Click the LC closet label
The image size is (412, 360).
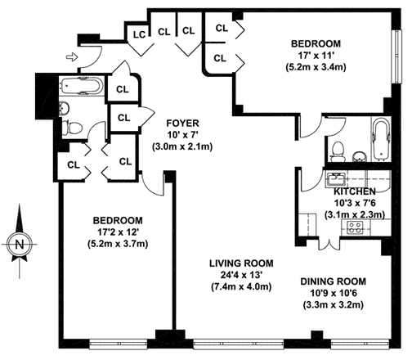[x=139, y=34]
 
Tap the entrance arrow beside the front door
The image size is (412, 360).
[x=72, y=57]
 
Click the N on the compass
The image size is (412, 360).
[x=20, y=244]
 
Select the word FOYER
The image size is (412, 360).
[x=182, y=124]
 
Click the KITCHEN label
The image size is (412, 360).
[x=355, y=191]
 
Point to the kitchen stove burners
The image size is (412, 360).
[x=356, y=227]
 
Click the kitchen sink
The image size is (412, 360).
[x=336, y=179]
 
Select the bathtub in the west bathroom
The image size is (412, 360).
[x=81, y=85]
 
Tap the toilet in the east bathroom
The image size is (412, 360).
[x=338, y=151]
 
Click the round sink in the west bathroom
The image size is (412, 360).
[x=65, y=108]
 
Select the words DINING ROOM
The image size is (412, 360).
[x=334, y=281]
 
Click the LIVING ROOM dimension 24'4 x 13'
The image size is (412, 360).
[x=241, y=275]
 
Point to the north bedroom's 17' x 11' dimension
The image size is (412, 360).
[x=316, y=56]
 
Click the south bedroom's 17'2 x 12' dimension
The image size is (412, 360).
[x=119, y=232]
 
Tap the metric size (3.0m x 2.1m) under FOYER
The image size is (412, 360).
[x=182, y=146]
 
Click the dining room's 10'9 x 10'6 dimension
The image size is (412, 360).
[x=334, y=293]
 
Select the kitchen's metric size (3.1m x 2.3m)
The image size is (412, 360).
[x=355, y=214]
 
